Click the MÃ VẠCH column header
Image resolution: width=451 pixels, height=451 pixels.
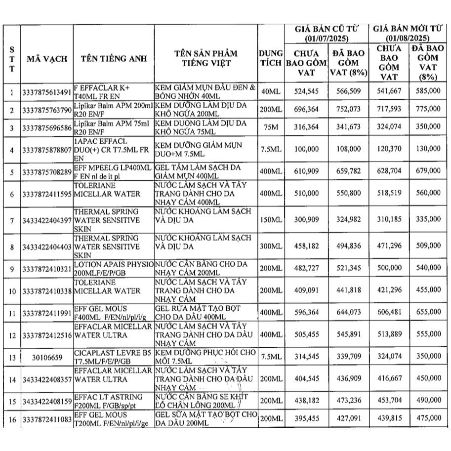tap(47, 58)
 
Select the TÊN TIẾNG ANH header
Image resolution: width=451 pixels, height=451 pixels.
tap(114, 58)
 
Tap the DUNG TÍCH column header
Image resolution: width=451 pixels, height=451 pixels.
tap(270, 58)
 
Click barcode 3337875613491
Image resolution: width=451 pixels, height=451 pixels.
tap(47, 92)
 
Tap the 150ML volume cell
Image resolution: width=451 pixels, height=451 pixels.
tap(270, 219)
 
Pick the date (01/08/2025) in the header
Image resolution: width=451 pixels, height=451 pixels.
tap(408, 38)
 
